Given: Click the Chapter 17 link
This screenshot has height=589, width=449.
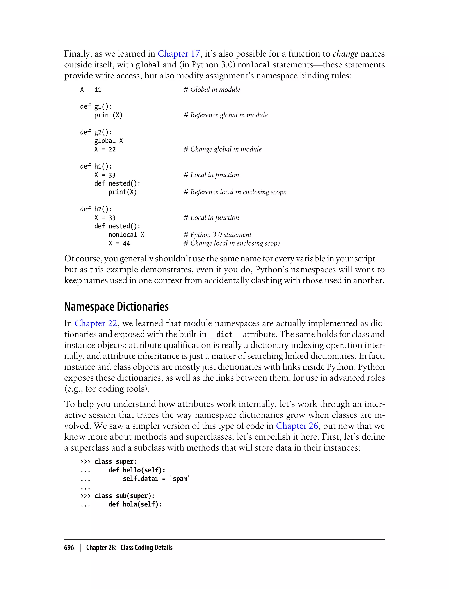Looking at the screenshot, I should coord(178,54).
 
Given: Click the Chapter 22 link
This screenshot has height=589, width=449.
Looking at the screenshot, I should coord(96,323).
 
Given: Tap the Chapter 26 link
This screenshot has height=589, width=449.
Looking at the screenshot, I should coord(297,426).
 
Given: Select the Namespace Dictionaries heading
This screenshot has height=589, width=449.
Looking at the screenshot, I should coord(117,306).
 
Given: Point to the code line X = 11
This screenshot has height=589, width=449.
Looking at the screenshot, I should coord(91,89).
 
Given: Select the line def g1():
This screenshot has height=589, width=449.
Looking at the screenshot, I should coord(96,106).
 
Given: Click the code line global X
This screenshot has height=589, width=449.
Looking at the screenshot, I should coord(109,141).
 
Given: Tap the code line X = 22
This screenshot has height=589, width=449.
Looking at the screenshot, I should coord(105,149).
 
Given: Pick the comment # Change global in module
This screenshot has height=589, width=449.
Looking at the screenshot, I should coord(223,149).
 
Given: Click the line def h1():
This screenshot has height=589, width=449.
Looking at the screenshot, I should coord(96,166).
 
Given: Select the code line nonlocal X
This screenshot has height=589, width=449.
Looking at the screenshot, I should coord(127,235).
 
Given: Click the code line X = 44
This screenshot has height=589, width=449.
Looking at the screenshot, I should coord(119,243).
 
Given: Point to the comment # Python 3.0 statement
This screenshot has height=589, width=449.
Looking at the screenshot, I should coord(217,235).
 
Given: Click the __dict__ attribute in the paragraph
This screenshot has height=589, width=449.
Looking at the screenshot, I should coord(224,334).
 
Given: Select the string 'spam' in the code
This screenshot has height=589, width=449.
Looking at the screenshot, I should coord(180,479).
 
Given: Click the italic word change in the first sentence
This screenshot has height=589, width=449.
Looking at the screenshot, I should coord(345,54).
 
